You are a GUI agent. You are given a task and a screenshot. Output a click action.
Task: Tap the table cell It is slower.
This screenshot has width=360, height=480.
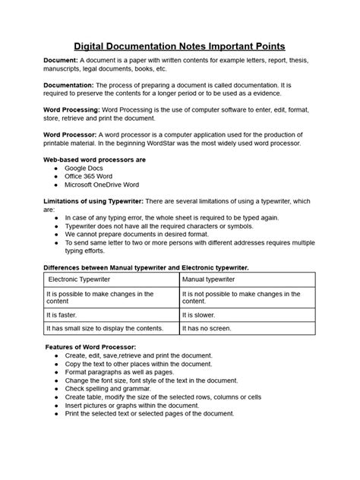(203, 312)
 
